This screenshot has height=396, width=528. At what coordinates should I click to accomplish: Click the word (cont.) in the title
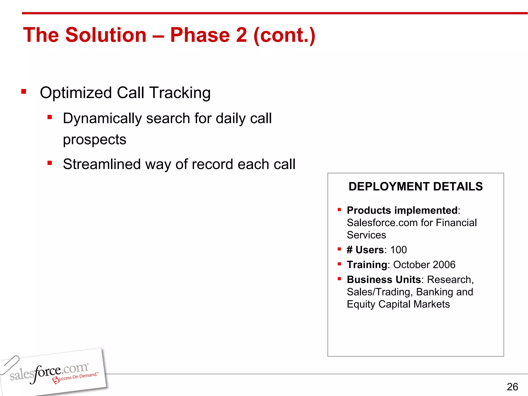(284, 35)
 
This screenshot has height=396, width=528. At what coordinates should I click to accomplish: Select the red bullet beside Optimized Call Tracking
(24, 92)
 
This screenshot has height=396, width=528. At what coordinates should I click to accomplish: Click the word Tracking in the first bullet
(180, 93)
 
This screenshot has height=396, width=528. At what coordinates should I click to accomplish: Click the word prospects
(94, 140)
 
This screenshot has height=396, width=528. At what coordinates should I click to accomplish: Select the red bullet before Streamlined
(50, 163)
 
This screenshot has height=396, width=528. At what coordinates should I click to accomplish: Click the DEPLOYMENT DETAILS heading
(415, 186)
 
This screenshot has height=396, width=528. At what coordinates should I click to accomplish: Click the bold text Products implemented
(402, 210)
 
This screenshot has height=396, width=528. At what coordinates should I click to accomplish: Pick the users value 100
(398, 250)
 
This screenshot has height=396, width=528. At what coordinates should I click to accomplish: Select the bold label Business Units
(384, 280)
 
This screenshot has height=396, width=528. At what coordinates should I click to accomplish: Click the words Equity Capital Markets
(398, 304)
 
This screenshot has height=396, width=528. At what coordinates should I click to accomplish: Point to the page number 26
(512, 387)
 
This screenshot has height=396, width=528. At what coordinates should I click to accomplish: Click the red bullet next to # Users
(339, 249)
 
